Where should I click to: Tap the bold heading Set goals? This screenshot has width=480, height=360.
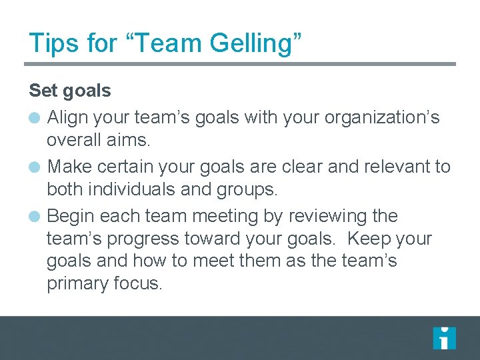(x=70, y=90)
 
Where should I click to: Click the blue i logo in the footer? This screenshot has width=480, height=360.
(x=444, y=338)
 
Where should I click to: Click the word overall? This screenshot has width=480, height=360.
(x=74, y=141)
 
